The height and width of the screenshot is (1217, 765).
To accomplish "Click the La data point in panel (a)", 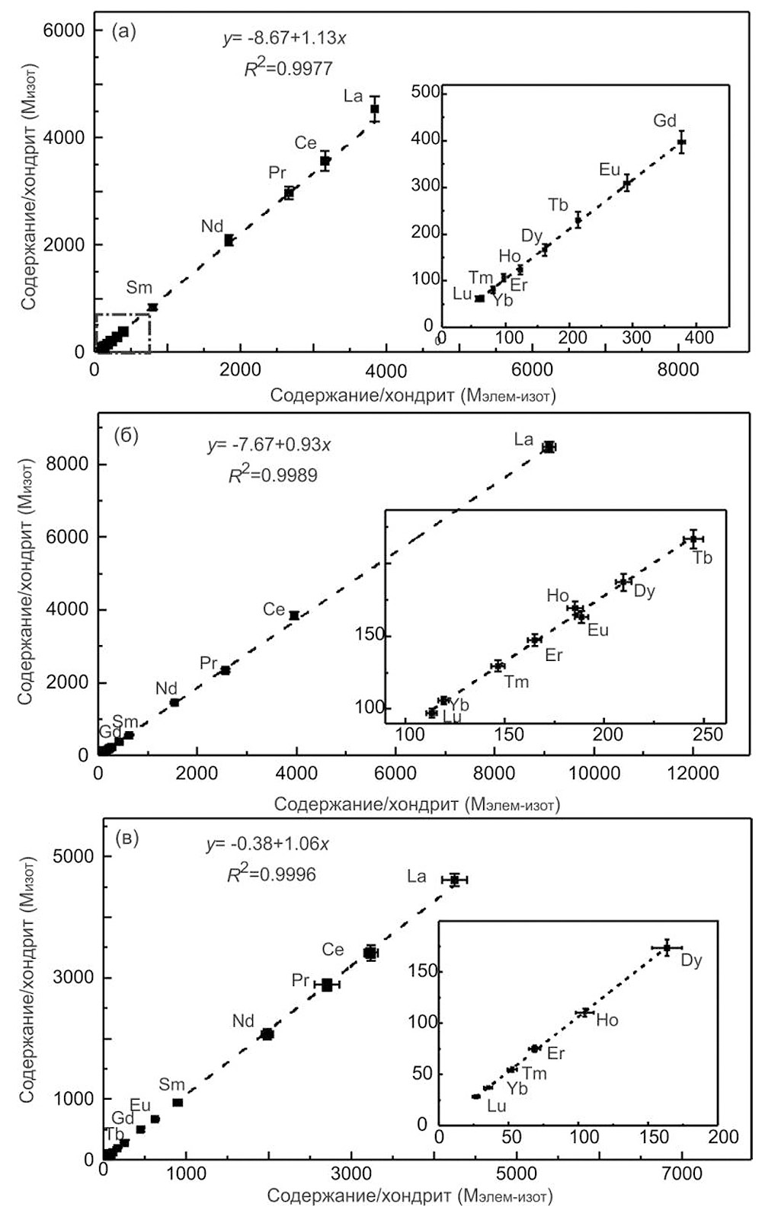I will pos(374,109).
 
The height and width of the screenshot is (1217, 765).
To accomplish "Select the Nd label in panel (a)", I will pos(212,226).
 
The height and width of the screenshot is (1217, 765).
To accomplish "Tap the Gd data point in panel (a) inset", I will pos(682,142).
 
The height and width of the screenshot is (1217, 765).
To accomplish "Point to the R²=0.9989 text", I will pos(273,475).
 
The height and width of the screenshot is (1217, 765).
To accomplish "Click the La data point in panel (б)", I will pos(549,447).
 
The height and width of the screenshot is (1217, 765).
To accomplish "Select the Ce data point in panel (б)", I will pos(294,615).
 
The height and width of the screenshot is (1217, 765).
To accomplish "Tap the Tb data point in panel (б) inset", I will pos(693,539).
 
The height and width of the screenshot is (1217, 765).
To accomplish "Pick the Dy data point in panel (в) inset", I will pos(667,947).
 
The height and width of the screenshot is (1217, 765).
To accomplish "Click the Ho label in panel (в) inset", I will pos(607,1021).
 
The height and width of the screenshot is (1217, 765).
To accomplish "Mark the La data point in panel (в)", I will pos(455,880).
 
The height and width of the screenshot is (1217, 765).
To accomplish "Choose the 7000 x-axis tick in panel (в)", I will pos(682,1174).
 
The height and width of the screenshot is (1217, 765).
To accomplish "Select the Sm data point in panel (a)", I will pos(152,307).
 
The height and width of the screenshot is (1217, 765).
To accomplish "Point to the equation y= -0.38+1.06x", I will pos(267,845).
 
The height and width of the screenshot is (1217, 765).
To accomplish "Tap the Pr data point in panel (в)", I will pos(327,984).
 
